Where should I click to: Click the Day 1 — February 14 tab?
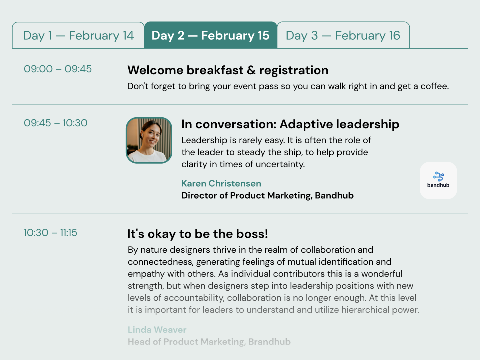tap(78, 35)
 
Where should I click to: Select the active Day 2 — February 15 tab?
tap(210, 35)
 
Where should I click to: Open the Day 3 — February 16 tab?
tap(343, 35)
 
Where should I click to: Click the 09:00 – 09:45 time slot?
tap(58, 69)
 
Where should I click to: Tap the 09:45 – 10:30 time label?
tap(56, 123)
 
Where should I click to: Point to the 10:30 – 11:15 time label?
tap(50, 232)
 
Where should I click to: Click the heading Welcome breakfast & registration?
tap(228, 70)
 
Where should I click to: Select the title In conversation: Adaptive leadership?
tap(290, 124)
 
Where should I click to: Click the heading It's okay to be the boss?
tap(198, 234)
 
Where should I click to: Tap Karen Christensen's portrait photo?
tap(149, 140)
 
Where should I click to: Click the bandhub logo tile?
tap(438, 180)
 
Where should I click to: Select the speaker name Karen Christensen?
tap(221, 183)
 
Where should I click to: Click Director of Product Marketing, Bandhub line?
tap(267, 195)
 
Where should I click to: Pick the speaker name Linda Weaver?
tap(157, 330)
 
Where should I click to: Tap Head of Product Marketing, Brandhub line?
tap(209, 342)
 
